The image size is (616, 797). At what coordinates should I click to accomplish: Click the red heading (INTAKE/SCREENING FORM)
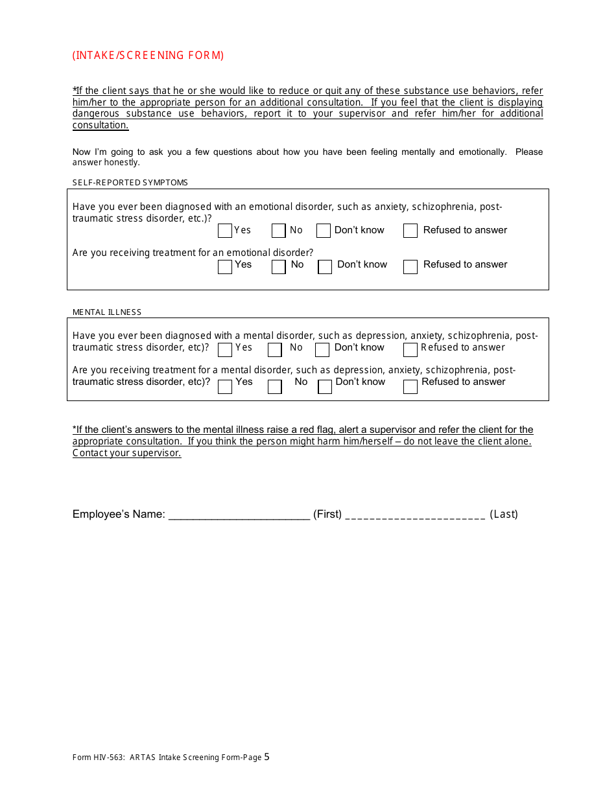[148, 56]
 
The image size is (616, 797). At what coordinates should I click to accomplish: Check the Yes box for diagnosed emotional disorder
[225, 231]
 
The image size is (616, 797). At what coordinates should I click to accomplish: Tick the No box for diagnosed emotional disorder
[279, 231]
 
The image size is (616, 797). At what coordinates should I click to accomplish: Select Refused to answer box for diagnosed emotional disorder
[410, 231]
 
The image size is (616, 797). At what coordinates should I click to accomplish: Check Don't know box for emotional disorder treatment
[325, 266]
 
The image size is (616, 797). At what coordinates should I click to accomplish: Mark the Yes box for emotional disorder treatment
[225, 266]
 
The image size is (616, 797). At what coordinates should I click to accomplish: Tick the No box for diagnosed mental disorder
[275, 350]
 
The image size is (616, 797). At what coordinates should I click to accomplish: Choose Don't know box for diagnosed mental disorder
[322, 350]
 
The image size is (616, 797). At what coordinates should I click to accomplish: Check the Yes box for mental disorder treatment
[225, 387]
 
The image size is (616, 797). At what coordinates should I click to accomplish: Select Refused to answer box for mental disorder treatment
[410, 387]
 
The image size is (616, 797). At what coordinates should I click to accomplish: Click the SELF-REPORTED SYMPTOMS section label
[130, 183]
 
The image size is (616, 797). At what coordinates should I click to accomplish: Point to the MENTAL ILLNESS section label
[107, 312]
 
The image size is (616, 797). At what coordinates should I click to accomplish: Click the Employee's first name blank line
[239, 515]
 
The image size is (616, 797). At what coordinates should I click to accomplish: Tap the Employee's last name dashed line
[415, 515]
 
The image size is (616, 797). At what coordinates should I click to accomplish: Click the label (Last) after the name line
[504, 514]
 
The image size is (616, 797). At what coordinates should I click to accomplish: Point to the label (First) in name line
[327, 514]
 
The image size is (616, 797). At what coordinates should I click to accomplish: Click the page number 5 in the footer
[267, 756]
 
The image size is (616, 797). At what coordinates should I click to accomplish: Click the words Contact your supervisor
[127, 453]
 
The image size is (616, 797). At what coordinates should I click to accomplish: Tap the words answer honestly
[106, 163]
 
